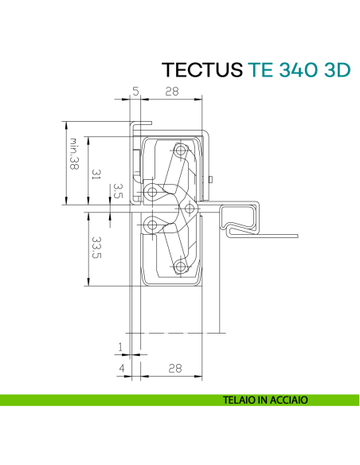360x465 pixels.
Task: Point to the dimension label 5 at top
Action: [x=135, y=92]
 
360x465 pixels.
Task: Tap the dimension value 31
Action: [x=95, y=174]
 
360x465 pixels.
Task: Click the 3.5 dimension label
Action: [x=116, y=191]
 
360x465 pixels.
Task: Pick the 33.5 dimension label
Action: [x=95, y=246]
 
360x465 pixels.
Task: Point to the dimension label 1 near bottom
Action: [x=120, y=346]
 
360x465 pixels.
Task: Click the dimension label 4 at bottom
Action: [x=120, y=368]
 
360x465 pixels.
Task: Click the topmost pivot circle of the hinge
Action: [x=182, y=150]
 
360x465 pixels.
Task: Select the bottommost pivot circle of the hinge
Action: [x=182, y=265]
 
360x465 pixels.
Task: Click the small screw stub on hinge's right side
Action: [x=210, y=180]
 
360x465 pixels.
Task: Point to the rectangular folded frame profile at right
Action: [x=241, y=216]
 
